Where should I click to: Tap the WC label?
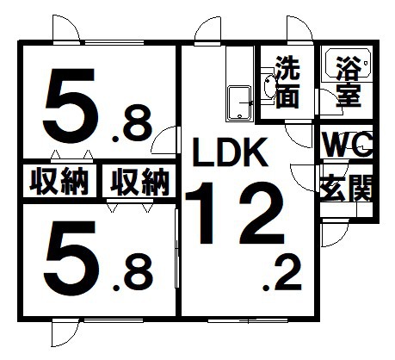[x=348, y=144]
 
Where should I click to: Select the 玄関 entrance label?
[x=347, y=189]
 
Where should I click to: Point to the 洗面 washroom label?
[x=287, y=82]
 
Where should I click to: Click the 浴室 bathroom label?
[x=348, y=81]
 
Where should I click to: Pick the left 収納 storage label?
[x=59, y=182]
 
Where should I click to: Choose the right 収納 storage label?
[x=139, y=182]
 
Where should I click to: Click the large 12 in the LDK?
[x=235, y=214]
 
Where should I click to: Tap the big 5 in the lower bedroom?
[x=71, y=257]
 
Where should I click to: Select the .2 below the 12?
[x=282, y=274]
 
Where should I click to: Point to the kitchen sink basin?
[x=240, y=103]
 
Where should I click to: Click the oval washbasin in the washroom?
[x=268, y=87]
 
